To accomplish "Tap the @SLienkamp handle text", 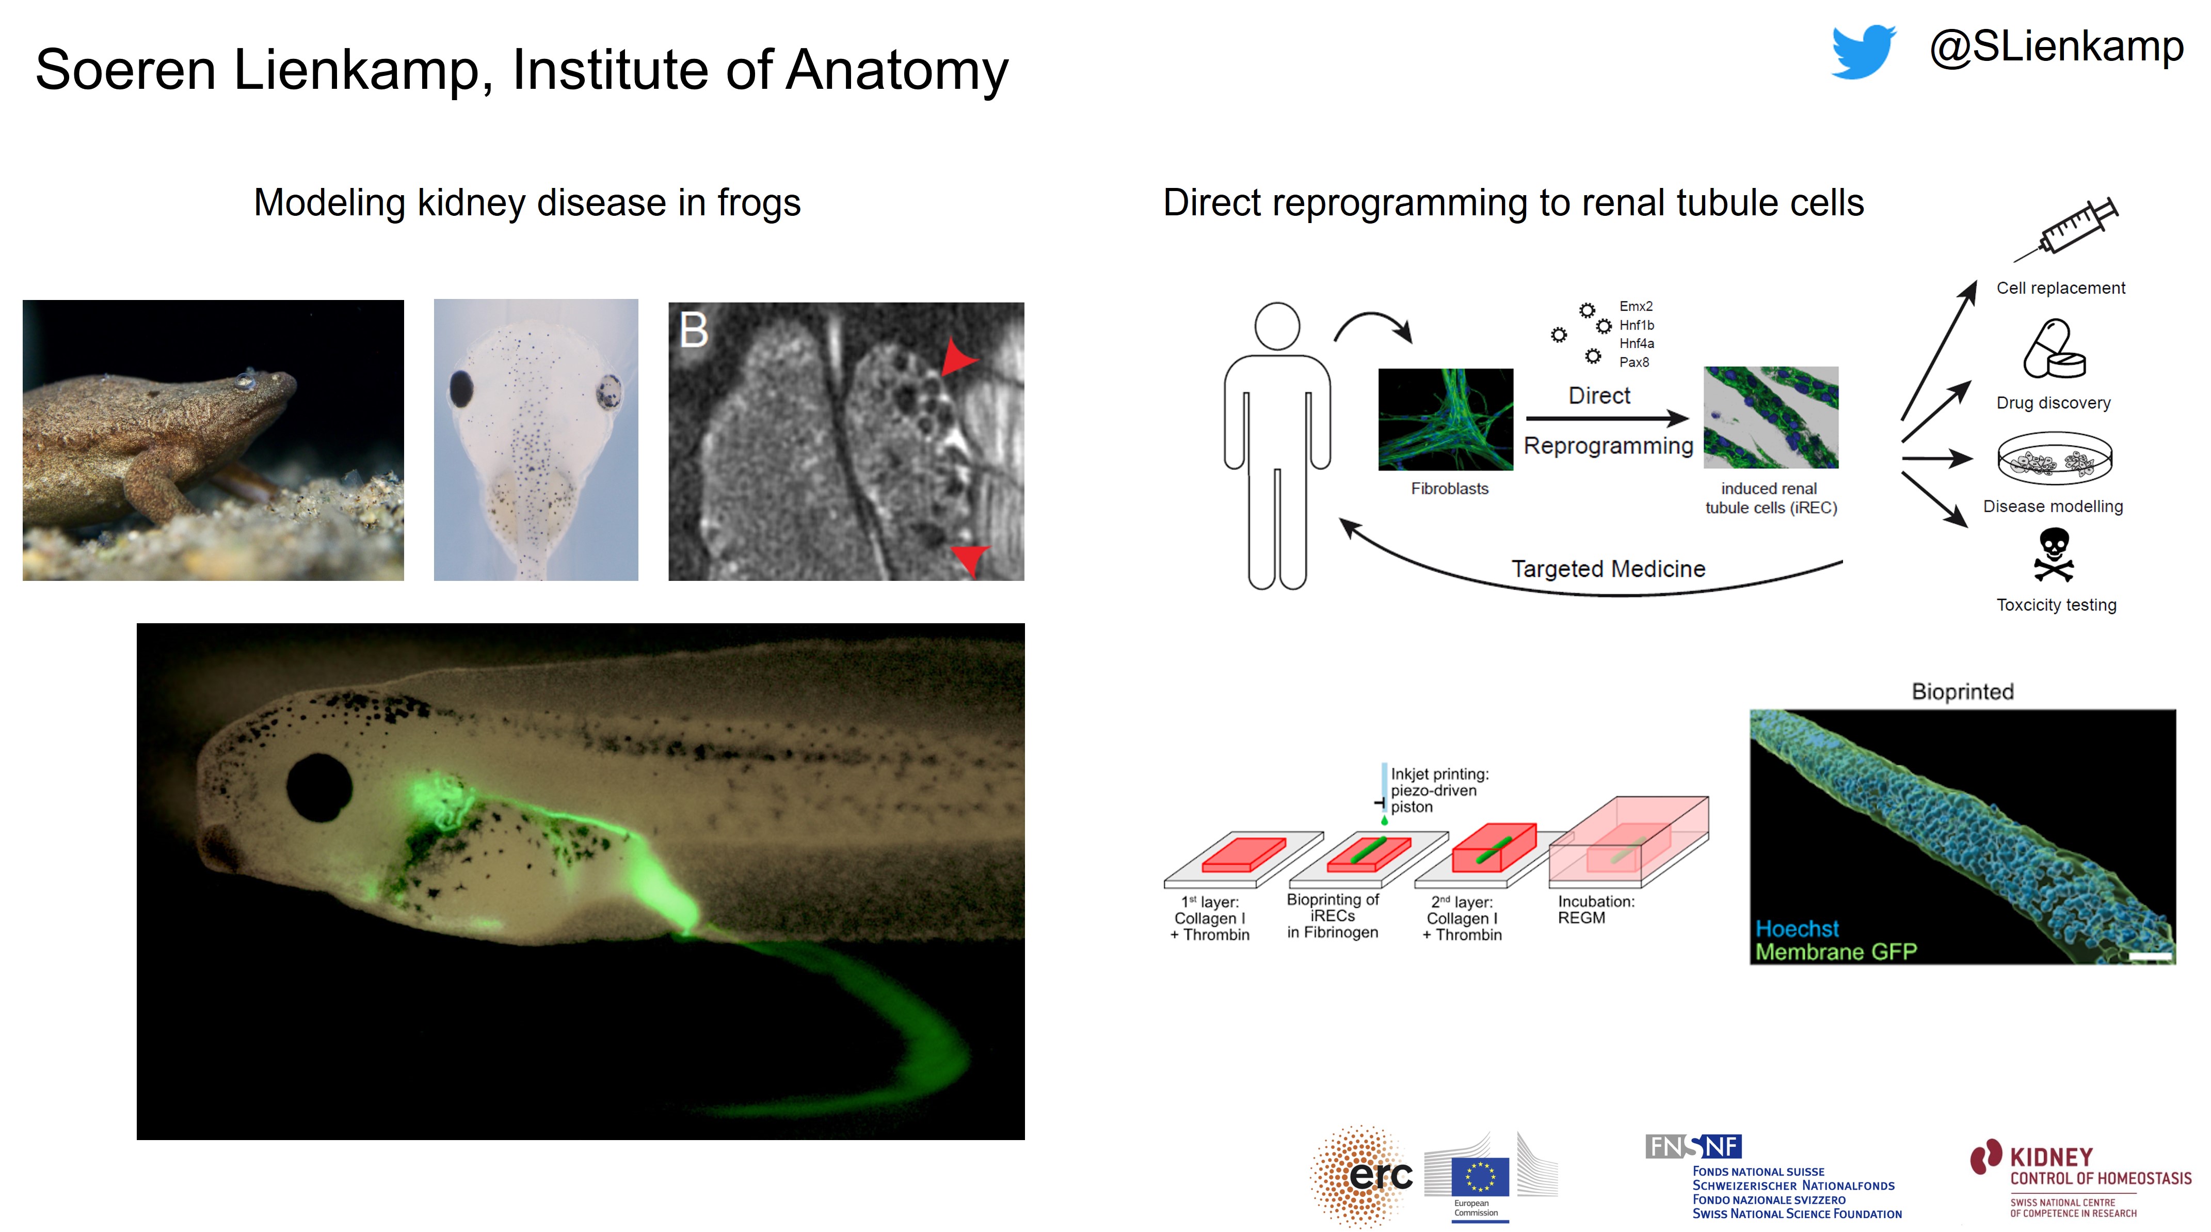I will (2056, 47).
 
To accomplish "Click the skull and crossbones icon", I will (2054, 554).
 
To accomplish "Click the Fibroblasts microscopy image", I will (1446, 419).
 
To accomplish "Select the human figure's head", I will (1276, 326).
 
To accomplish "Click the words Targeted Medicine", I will (1608, 568).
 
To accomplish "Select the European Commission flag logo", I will (1480, 1176).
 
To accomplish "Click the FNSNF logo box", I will (1693, 1146).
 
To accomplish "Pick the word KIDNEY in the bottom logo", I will (2052, 1157).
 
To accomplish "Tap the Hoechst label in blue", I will (1797, 928).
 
